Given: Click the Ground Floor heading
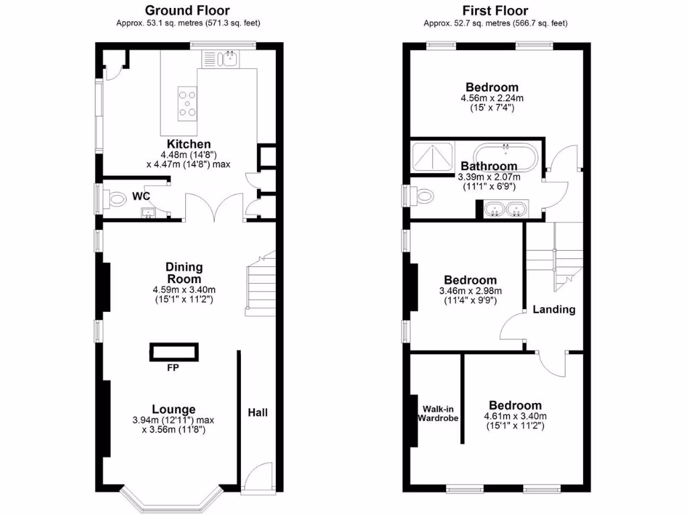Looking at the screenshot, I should coord(187,10).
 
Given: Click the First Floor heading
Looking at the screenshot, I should coord(495,10).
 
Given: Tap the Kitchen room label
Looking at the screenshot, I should coord(189,144).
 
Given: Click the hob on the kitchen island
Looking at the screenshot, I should coord(188,103).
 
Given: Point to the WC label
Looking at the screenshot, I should coord(141,196).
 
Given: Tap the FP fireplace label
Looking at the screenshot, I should coord(174,367).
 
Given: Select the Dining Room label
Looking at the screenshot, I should coord(184,273).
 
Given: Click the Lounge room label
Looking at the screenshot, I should coord(174,409).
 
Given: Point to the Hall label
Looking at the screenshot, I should coord(258,412).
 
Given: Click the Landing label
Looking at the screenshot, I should coord(553,309).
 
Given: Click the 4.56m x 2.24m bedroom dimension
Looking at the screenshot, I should coord(492,99).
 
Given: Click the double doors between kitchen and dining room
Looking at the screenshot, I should coord(215,207).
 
